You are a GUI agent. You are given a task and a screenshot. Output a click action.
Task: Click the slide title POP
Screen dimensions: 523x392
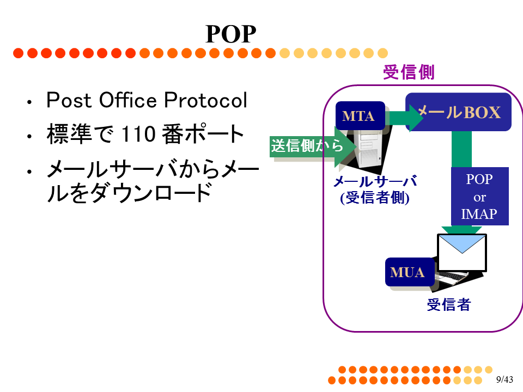pyautogui.click(x=231, y=34)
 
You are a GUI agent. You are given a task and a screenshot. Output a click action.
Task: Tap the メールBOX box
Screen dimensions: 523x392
pyautogui.click(x=458, y=112)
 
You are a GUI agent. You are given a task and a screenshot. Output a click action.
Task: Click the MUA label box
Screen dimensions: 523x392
pyautogui.click(x=410, y=272)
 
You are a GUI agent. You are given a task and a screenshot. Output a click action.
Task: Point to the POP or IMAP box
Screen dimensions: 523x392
pyautogui.click(x=479, y=197)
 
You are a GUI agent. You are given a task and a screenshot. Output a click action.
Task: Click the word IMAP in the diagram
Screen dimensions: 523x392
pyautogui.click(x=479, y=214)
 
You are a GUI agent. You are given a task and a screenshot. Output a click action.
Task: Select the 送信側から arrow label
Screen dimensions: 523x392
pyautogui.click(x=307, y=146)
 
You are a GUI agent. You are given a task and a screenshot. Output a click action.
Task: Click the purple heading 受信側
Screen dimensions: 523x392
pyautogui.click(x=409, y=72)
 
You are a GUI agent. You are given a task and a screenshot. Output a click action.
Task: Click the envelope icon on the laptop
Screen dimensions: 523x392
pyautogui.click(x=462, y=253)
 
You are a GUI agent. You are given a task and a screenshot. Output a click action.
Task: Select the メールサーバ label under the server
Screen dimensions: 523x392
pyautogui.click(x=375, y=181)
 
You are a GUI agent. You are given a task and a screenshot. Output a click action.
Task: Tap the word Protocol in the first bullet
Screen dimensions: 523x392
pyautogui.click(x=205, y=100)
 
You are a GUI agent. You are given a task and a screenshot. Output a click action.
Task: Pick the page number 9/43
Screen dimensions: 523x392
pyautogui.click(x=504, y=379)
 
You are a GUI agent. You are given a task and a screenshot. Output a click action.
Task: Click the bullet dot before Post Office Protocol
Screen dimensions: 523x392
pyautogui.click(x=29, y=102)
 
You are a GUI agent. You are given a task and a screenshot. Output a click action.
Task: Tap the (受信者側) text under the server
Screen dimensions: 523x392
pyautogui.click(x=375, y=198)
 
